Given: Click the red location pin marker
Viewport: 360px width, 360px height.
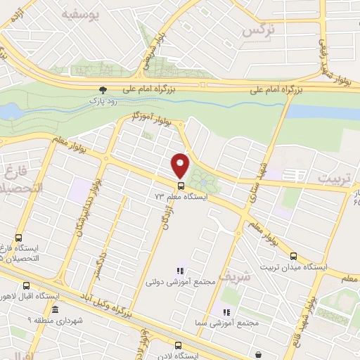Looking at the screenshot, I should pyautogui.click(x=181, y=165).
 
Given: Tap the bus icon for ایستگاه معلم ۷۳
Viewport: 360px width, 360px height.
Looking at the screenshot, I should pyautogui.click(x=181, y=186).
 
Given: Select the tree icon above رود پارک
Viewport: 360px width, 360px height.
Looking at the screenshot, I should pyautogui.click(x=103, y=89).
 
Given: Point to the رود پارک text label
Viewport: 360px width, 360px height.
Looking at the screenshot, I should pyautogui.click(x=103, y=101).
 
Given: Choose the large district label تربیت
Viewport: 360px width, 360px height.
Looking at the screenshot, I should pyautogui.click(x=333, y=179).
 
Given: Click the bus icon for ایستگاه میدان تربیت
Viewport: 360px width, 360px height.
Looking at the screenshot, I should pyautogui.click(x=294, y=256).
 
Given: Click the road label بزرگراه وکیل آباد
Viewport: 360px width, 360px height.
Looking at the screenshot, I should pyautogui.click(x=102, y=303).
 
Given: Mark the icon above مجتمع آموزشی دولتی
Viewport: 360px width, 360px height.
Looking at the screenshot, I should pyautogui.click(x=180, y=271).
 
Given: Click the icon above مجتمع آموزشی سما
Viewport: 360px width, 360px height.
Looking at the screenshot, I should pyautogui.click(x=226, y=312).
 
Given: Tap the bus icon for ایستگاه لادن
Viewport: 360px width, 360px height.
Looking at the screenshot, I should pyautogui.click(x=177, y=345).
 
